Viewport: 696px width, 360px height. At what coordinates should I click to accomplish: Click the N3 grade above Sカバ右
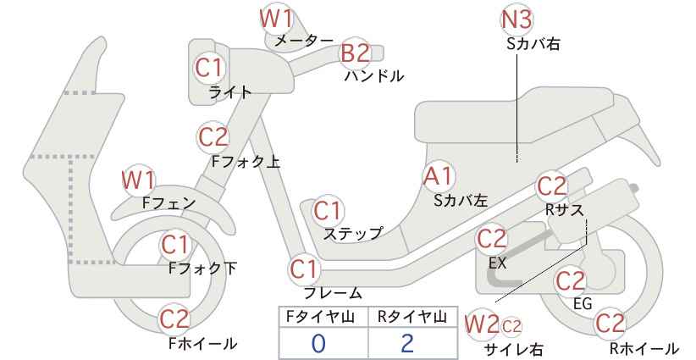coord(516,20)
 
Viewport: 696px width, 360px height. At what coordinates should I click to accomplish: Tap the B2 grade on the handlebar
coord(356,53)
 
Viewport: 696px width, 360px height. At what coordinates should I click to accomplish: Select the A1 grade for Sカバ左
coord(438,176)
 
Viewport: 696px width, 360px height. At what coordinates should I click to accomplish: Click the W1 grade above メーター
coord(277,19)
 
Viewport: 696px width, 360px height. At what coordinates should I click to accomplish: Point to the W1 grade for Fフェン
coord(139,180)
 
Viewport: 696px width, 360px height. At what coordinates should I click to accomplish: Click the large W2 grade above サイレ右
coord(482,325)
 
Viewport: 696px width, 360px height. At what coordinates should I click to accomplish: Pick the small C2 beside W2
coord(511,327)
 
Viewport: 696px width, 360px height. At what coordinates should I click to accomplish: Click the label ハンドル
coord(374,76)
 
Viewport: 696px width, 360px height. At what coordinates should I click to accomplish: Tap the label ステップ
coord(353,234)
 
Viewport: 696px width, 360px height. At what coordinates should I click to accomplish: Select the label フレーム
coord(333,293)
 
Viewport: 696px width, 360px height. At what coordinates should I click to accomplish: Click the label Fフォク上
coord(246,161)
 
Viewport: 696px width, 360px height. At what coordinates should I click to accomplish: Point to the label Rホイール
coord(644,348)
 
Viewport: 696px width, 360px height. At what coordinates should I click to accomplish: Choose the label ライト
coord(230,92)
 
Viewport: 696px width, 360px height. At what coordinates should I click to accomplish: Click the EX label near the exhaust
coord(497,263)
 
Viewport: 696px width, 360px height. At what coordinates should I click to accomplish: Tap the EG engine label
coord(583,303)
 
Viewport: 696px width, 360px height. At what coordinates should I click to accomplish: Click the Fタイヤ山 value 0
coord(318,344)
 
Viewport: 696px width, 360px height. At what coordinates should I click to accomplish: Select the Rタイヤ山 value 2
coord(406,344)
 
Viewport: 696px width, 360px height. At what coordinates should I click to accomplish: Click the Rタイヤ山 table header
coord(412,317)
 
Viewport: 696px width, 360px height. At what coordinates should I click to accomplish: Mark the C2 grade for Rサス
coord(552,187)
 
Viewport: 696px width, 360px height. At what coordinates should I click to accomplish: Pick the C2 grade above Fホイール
coord(174,319)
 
